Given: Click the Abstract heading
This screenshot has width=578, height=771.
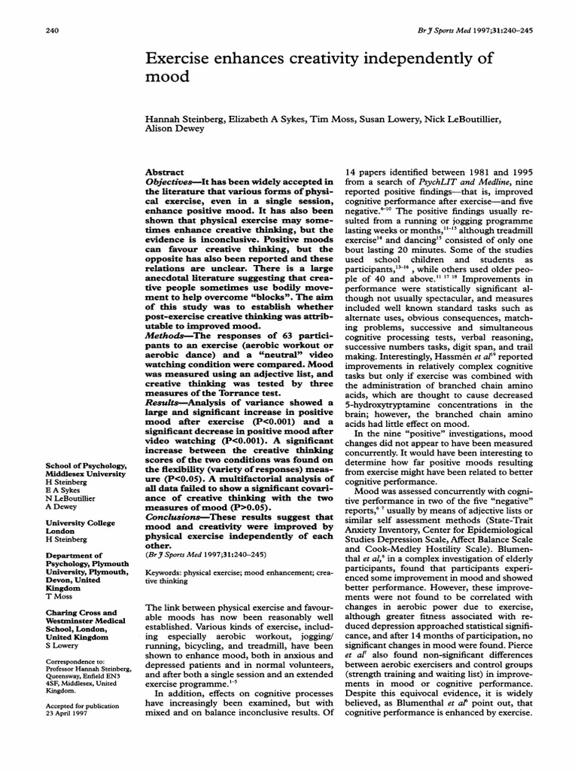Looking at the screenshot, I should [164, 172].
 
